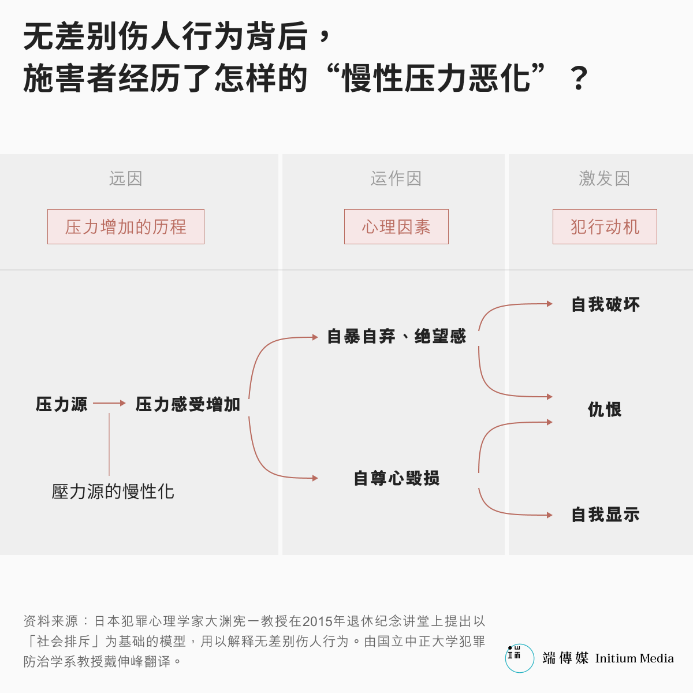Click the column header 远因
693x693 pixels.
(125, 178)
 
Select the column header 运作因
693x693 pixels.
(396, 178)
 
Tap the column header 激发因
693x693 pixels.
(605, 178)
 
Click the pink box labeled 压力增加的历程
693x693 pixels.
(126, 226)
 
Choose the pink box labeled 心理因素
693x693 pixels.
(396, 226)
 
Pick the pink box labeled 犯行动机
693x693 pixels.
(605, 226)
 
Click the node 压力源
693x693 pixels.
(61, 404)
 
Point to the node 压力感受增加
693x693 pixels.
(188, 404)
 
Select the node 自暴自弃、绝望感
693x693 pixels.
(396, 336)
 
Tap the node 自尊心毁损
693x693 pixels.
(396, 478)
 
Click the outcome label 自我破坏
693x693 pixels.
(606, 304)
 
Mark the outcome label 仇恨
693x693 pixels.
(605, 409)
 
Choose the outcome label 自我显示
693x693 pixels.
(606, 515)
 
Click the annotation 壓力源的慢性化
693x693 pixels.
(113, 491)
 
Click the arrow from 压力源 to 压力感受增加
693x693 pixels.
(109, 404)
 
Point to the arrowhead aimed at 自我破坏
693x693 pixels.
(550, 304)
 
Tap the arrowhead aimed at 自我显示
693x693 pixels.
(550, 515)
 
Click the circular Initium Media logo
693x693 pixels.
(519, 658)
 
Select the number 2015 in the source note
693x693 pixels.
(317, 621)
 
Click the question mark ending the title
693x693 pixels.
(579, 78)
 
